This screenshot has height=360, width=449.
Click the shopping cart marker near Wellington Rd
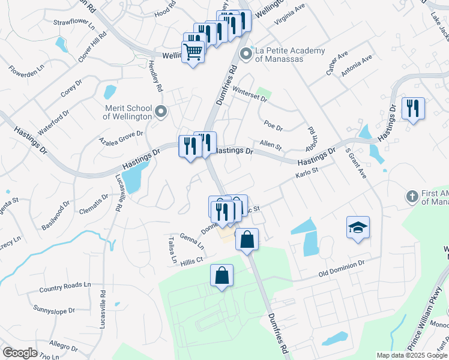point(193,53)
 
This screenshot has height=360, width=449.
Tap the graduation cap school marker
point(358,228)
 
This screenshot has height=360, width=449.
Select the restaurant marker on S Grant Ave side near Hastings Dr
point(413,109)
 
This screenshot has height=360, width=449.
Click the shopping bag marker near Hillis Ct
point(222,277)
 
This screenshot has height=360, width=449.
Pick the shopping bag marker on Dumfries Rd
point(247,240)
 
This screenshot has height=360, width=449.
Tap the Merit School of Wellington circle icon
point(161,112)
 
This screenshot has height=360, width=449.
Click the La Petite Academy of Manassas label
point(290,55)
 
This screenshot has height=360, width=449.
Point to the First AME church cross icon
point(412,196)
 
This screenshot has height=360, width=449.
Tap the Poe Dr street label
point(273,125)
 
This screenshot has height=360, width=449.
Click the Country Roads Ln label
point(64,287)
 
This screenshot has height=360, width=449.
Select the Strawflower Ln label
point(74,25)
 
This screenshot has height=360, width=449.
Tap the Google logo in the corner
point(20,353)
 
